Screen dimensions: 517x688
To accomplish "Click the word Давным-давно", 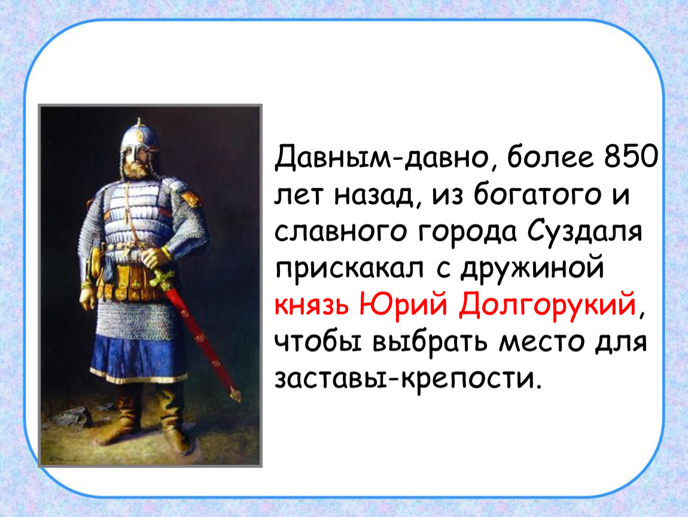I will tap(382, 159).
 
